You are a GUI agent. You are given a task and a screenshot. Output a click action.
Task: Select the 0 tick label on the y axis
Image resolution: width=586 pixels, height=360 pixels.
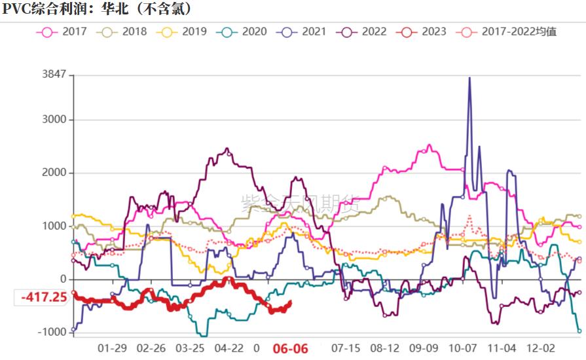(63, 279)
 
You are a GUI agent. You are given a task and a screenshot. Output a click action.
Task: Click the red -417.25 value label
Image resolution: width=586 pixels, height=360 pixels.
(44, 297)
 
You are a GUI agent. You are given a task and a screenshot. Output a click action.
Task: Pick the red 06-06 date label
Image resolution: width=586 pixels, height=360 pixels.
(290, 348)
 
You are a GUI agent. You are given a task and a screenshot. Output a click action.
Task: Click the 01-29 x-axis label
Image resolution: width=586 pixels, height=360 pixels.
(112, 348)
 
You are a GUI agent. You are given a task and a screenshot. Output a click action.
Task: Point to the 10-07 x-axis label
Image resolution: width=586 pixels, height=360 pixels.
(464, 348)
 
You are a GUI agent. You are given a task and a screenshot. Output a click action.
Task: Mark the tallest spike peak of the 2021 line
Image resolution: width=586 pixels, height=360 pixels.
(469, 78)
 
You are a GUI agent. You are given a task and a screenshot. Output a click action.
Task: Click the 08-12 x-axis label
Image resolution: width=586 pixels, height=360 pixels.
(385, 348)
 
